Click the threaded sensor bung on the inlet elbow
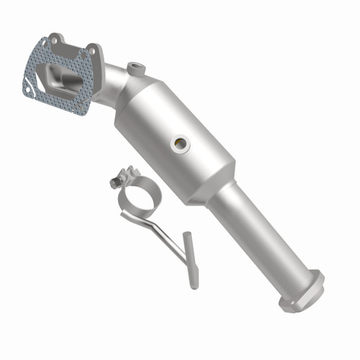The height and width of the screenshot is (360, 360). (135, 68)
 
